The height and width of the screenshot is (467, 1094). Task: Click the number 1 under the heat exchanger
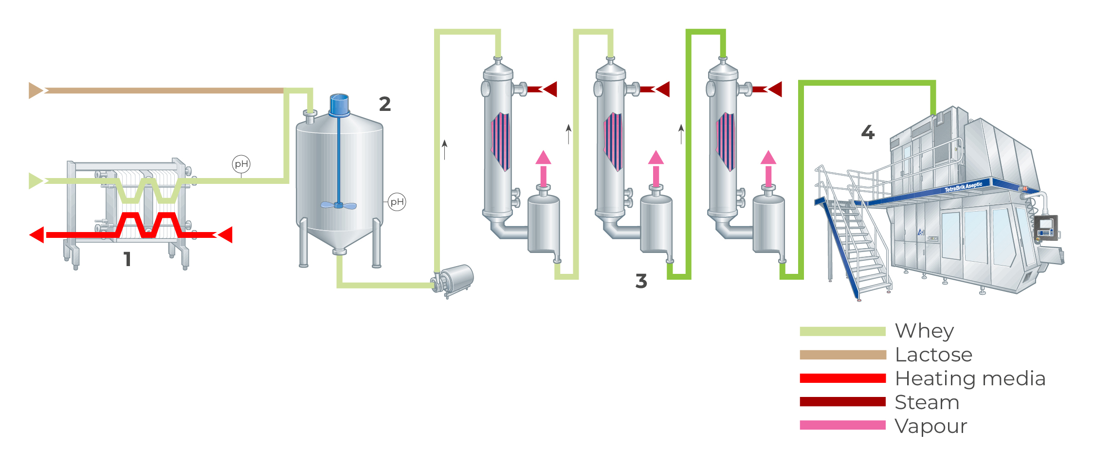[x=128, y=259]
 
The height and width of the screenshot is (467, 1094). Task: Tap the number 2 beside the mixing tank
[x=384, y=104]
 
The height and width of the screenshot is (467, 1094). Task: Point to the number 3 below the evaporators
[x=641, y=281]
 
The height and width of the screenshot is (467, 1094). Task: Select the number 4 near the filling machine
[x=868, y=132]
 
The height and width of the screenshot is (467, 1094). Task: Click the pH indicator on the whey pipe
[x=241, y=164]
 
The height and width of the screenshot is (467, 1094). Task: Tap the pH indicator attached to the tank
[x=397, y=202]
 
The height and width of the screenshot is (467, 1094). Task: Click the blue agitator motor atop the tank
[x=339, y=104]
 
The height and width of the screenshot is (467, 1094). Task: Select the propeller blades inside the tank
[x=339, y=205]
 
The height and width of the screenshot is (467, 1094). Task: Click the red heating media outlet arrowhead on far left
[x=37, y=235]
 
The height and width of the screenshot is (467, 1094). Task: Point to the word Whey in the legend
[x=924, y=331]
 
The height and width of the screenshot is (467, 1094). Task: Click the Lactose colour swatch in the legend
[x=842, y=355]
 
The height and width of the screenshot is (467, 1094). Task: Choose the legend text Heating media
[x=970, y=379]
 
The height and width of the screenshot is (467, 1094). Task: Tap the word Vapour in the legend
[x=930, y=427]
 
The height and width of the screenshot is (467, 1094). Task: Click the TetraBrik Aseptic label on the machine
[x=963, y=187]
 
